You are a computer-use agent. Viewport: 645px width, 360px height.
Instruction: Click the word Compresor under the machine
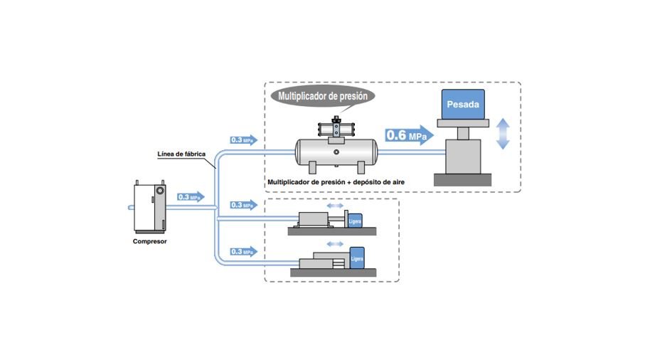(x=149, y=240)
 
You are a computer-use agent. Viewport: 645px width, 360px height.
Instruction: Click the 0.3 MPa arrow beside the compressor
(x=191, y=197)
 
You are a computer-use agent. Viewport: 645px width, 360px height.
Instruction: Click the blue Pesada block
(x=462, y=105)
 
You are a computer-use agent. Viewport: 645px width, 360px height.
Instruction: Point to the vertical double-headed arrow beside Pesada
(x=503, y=134)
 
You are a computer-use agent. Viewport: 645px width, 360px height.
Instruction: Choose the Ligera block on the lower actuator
(x=357, y=258)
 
